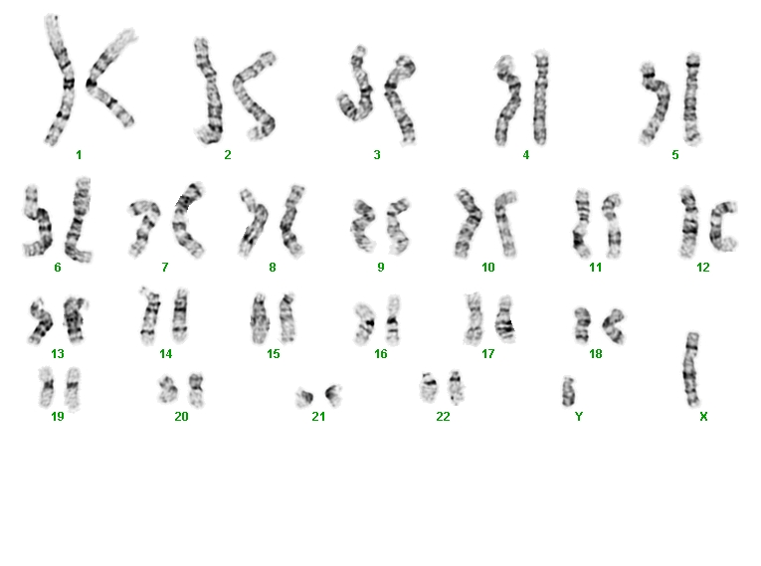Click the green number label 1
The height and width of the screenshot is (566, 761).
[x=79, y=155]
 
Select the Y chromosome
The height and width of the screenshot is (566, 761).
[x=568, y=392]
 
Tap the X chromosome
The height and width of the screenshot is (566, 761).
[x=691, y=369]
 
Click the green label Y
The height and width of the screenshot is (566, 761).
[x=579, y=417]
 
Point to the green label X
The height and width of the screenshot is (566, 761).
[x=703, y=417]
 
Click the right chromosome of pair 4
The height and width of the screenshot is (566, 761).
[x=541, y=97]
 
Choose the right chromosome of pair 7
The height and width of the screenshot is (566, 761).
[x=187, y=221]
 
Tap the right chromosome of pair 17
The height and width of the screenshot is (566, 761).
[x=504, y=320]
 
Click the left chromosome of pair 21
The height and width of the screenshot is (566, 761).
[x=305, y=398]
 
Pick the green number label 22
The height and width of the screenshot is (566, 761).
[x=443, y=417]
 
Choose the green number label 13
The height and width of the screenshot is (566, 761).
[x=58, y=354]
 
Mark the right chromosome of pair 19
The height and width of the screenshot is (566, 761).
[x=73, y=388]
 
